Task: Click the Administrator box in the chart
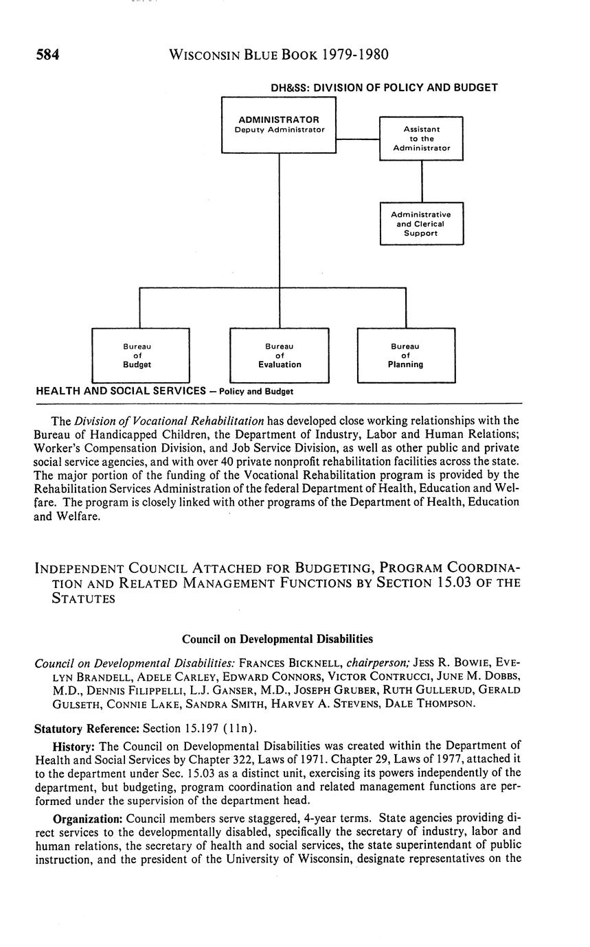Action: tap(278, 124)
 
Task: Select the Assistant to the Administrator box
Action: tap(421, 138)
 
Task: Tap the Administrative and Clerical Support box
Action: tap(421, 224)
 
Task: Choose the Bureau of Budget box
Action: tap(140, 355)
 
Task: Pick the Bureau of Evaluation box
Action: tap(279, 355)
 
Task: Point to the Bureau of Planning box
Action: tap(405, 355)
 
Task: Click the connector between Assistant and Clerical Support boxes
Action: tap(422, 181)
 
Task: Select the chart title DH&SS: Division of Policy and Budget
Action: tap(385, 88)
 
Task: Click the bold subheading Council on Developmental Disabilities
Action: tap(277, 639)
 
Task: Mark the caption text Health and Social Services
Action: tap(120, 391)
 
